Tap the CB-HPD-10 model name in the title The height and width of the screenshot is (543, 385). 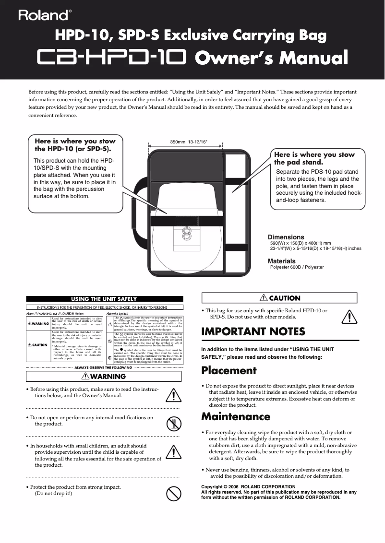112,58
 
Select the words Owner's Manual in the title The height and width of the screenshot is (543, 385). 271,58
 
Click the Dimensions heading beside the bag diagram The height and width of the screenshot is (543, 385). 286,237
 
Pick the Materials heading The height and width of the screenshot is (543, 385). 281,261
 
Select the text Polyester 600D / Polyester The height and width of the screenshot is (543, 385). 297,267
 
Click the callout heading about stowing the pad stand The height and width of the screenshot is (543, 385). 314,158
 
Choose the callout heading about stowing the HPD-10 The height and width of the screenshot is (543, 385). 75,145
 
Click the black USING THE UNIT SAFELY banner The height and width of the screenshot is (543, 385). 104,299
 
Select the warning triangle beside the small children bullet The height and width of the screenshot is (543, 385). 173,452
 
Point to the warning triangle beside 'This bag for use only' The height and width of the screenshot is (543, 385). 349,317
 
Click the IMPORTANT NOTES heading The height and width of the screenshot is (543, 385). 253,331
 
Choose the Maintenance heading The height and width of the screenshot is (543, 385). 236,416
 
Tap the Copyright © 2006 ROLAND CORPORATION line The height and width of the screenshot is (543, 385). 248,487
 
